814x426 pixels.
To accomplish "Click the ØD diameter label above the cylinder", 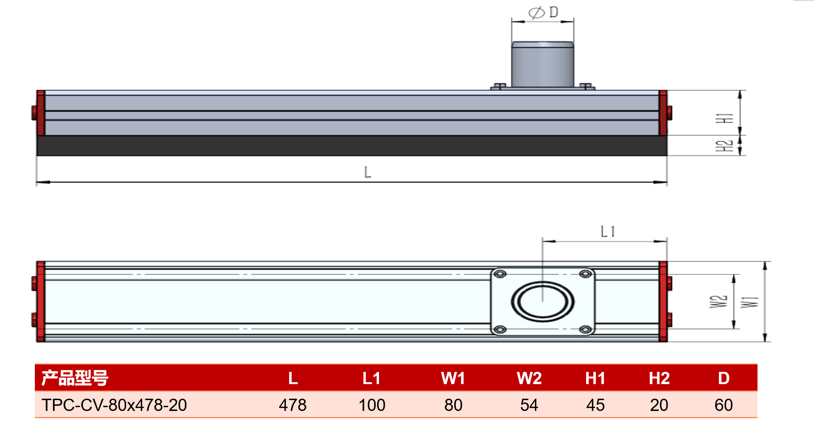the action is [543, 13].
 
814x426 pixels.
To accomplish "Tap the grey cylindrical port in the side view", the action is [543, 64].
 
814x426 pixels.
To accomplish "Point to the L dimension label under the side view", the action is [368, 172].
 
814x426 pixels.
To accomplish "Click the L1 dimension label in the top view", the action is [608, 231].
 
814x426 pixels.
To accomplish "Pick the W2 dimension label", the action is [718, 301].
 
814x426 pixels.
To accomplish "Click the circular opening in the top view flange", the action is [543, 301].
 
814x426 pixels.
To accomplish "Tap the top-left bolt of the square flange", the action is [500, 274].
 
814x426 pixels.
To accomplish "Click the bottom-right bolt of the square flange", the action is [586, 330].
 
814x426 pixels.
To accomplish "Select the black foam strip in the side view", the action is [352, 145].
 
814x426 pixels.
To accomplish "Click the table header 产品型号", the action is [75, 378].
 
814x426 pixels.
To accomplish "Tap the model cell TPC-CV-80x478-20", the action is [114, 405].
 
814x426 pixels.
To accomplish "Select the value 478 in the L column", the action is [292, 405].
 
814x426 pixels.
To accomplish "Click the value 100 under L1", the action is [371, 405].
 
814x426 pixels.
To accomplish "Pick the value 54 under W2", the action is [529, 405].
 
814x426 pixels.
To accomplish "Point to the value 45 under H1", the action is [595, 405].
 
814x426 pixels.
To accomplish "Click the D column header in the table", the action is [724, 378].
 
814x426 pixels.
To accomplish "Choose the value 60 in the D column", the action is [724, 405].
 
